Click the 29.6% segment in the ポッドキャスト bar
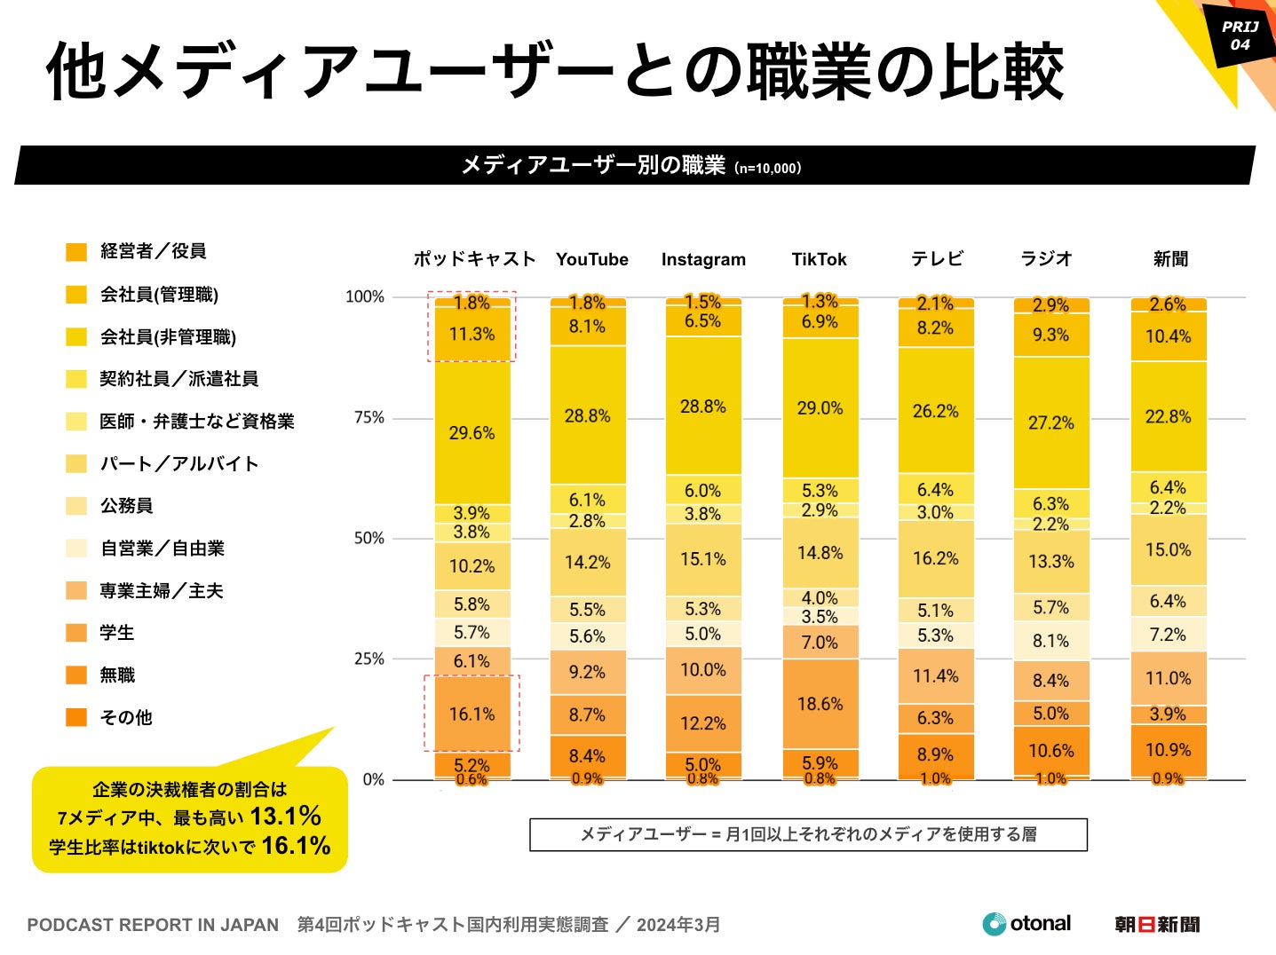point(472,433)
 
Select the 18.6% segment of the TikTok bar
point(820,704)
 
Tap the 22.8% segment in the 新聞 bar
point(1168,416)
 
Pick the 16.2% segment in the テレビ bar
point(935,558)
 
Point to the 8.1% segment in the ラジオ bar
point(1050,641)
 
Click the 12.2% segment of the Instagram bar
point(702,723)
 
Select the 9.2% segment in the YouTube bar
point(587,672)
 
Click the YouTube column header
point(591,259)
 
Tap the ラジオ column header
point(1046,258)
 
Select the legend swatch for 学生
point(76,633)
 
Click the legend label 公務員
point(126,506)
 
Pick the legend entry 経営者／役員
point(153,251)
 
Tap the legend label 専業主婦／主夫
point(161,591)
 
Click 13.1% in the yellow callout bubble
point(285,817)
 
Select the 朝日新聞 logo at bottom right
point(1157,925)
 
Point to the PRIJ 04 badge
point(1240,36)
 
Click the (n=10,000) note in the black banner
point(767,168)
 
